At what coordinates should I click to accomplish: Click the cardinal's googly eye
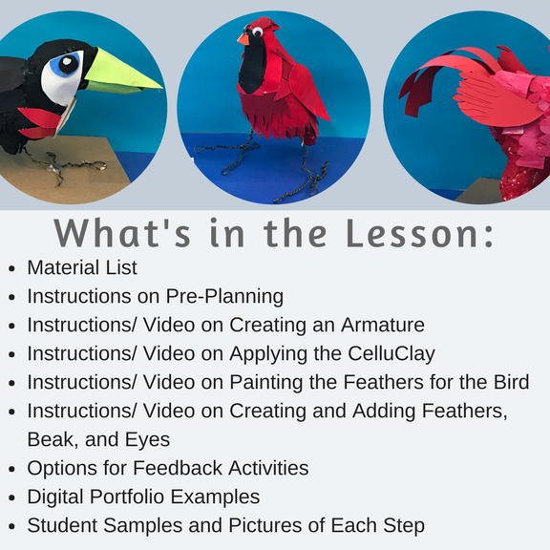pyautogui.click(x=258, y=32)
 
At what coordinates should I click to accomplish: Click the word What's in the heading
pyautogui.click(x=122, y=233)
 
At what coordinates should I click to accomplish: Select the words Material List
pyautogui.click(x=82, y=267)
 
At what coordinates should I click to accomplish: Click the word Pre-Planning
pyautogui.click(x=224, y=297)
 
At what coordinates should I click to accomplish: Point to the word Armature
pyautogui.click(x=383, y=325)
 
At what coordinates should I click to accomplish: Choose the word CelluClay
pyautogui.click(x=391, y=354)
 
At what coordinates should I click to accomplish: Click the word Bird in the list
pyautogui.click(x=512, y=382)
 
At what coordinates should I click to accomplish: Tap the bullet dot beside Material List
pyautogui.click(x=11, y=269)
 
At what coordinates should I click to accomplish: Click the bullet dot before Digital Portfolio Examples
pyautogui.click(x=11, y=498)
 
